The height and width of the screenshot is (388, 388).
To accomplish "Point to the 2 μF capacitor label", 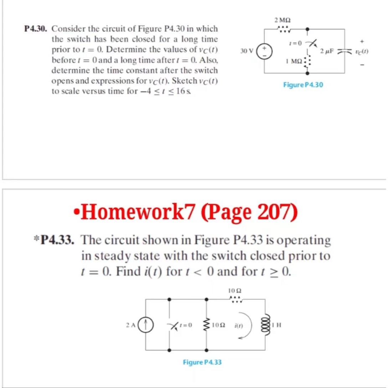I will coord(327,51).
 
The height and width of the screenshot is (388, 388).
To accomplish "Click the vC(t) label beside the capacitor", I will coord(362,51).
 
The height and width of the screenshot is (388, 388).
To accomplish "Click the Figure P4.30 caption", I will coord(303,85).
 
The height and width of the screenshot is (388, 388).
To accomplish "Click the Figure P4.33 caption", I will coord(202,362).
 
